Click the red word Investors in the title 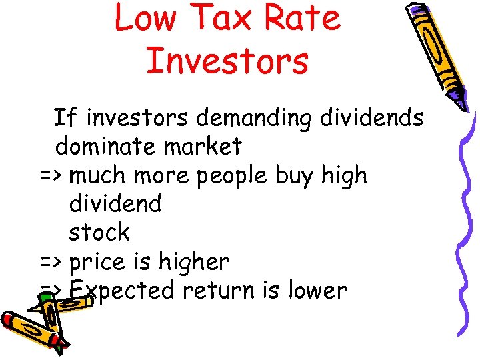[x=227, y=59]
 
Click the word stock [x=99, y=233]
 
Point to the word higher [x=194, y=262]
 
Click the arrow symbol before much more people [x=51, y=176]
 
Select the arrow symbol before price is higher [x=51, y=262]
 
